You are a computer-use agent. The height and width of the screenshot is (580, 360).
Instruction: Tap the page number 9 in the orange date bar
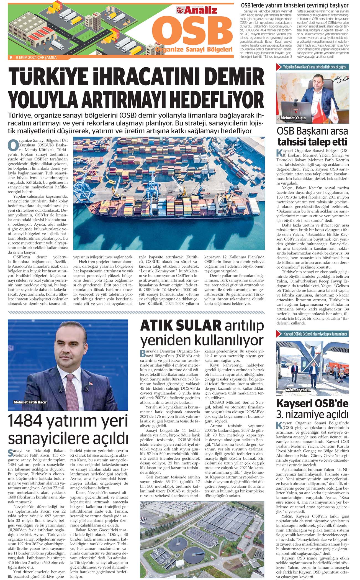coord(11,57)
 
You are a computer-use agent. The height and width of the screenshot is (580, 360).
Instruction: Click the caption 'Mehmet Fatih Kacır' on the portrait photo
coord(30,402)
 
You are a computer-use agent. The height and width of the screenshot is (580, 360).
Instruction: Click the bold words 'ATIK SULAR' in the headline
coord(181,325)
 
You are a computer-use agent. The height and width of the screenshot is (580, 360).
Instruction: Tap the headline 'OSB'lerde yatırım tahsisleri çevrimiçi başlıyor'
coord(295,5)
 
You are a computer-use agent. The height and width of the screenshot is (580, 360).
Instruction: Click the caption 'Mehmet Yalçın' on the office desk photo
coord(293,118)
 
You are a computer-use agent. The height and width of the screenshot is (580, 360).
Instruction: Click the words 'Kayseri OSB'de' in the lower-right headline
coord(312,403)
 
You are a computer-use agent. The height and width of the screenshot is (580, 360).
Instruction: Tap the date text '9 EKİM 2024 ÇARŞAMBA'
coord(36,57)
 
